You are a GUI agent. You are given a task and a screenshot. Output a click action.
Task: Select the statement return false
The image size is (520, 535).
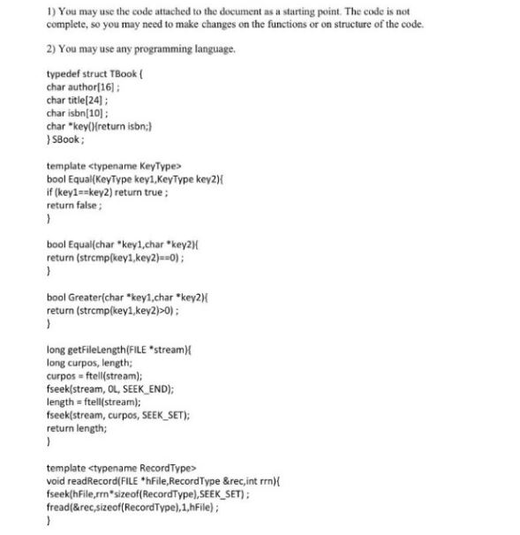coord(73,204)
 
